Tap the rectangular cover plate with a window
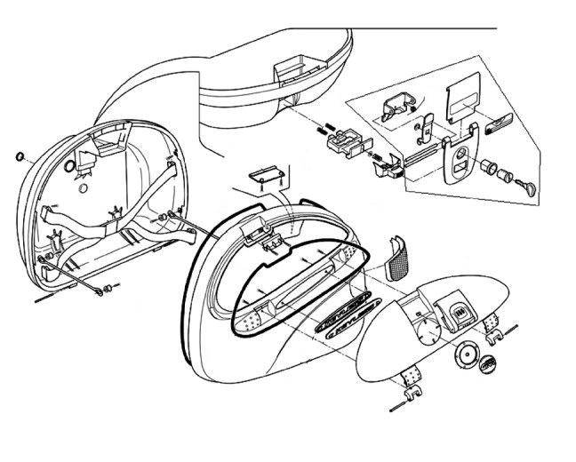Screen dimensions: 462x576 coord(462,101)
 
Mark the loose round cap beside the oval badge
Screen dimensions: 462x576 coord(465,356)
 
